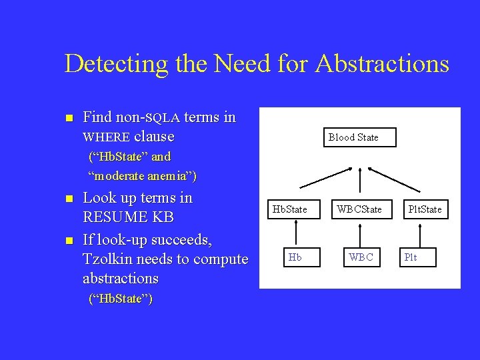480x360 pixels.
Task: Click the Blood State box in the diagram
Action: click(x=353, y=137)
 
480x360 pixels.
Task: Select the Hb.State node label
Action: click(x=290, y=209)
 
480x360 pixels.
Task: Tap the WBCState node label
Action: click(x=359, y=209)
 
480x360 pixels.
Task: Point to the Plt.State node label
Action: click(x=425, y=209)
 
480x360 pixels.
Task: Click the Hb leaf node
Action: click(x=294, y=257)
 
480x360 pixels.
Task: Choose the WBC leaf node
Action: click(x=361, y=257)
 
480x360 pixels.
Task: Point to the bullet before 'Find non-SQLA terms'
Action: click(x=67, y=119)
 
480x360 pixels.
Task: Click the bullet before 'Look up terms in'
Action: click(x=67, y=199)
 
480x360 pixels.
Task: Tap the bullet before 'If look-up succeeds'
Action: click(x=67, y=239)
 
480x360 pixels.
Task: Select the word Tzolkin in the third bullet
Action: click(x=108, y=259)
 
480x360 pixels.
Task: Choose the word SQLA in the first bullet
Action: click(x=163, y=119)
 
